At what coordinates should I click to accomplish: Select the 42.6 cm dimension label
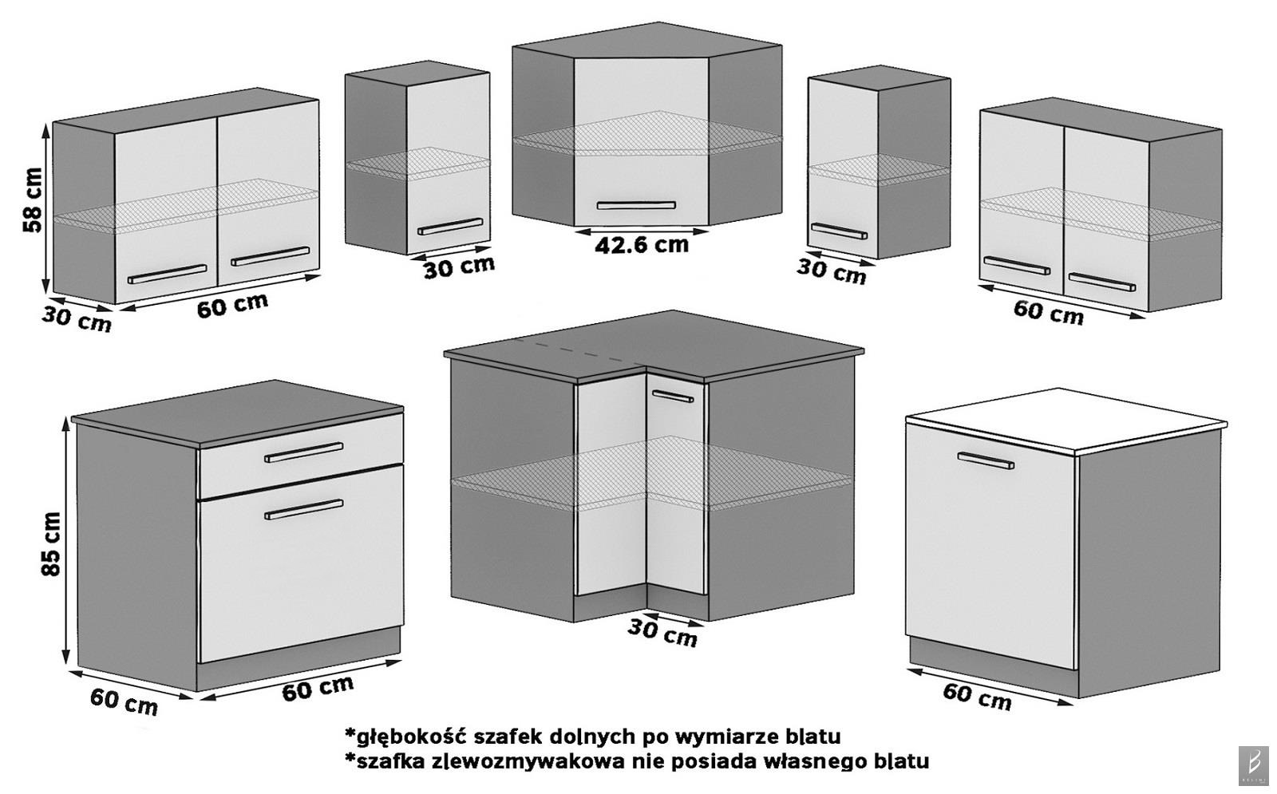(x=641, y=244)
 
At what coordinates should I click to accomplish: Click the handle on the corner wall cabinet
(x=636, y=205)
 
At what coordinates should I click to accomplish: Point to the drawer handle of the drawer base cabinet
(x=303, y=452)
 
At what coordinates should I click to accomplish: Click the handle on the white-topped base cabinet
(x=986, y=460)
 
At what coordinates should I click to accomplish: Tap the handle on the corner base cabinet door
(x=671, y=394)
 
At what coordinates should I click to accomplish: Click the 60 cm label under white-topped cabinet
(x=977, y=696)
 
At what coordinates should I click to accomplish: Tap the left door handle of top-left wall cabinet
(x=167, y=273)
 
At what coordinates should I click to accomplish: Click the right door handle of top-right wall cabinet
(x=1101, y=282)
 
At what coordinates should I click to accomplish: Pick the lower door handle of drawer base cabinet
(x=303, y=509)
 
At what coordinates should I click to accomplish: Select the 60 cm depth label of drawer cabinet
(x=124, y=701)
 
